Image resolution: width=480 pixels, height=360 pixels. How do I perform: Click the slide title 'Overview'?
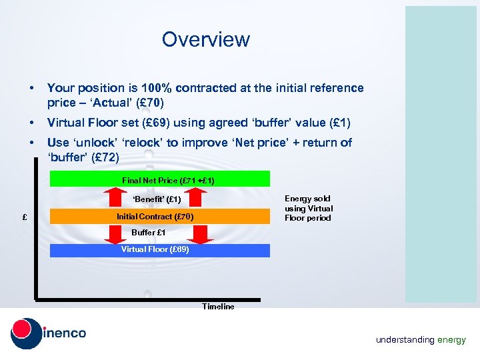click(205, 39)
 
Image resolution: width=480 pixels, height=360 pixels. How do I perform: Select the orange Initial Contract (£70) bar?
click(160, 217)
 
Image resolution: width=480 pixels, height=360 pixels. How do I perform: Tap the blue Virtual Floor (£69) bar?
click(160, 250)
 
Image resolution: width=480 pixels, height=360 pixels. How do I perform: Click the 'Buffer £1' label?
click(149, 233)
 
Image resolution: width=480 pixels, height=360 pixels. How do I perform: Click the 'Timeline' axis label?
click(218, 307)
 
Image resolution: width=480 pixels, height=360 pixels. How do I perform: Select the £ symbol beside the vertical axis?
click(24, 217)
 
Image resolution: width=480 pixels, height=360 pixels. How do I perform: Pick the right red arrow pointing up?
click(199, 198)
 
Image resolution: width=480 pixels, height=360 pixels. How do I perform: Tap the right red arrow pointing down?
click(199, 233)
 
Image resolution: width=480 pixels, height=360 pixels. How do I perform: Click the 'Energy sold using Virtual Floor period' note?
click(308, 208)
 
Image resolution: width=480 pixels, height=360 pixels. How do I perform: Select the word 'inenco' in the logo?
click(65, 333)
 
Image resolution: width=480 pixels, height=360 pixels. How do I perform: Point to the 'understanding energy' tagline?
click(421, 340)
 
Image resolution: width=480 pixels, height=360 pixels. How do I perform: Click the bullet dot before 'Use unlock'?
click(31, 143)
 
